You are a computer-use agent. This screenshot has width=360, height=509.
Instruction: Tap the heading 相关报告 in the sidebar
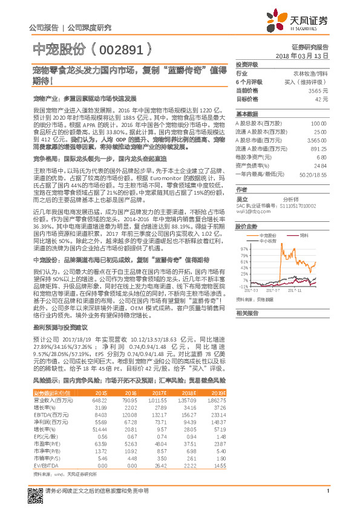tap(247, 313)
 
